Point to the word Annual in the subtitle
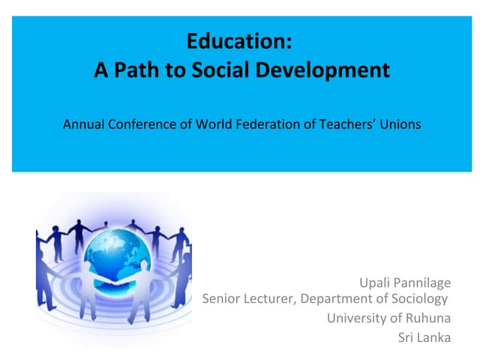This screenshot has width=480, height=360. click(x=82, y=124)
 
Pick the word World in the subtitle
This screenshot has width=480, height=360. click(x=211, y=124)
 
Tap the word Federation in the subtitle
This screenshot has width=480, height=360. click(x=262, y=124)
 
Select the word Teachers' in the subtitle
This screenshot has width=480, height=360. click(x=340, y=124)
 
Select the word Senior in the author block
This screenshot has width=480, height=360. click(x=222, y=299)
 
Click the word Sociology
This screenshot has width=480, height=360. click(x=418, y=300)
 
